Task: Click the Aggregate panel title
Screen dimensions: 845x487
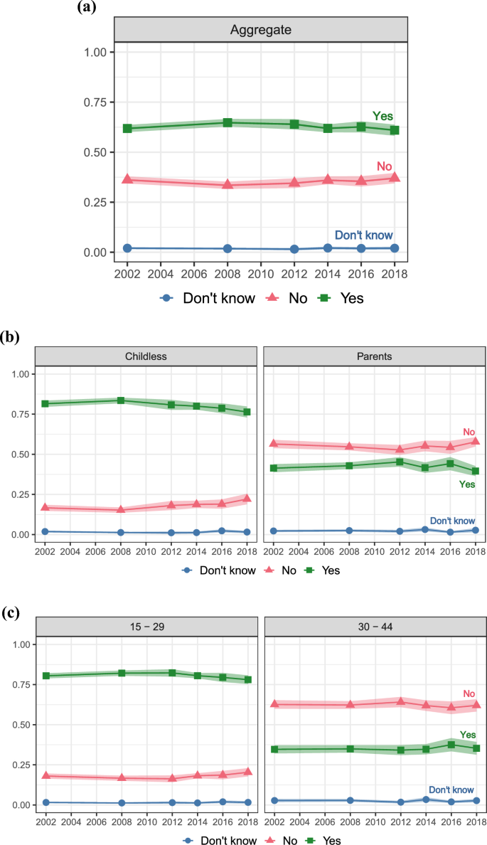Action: [261, 30]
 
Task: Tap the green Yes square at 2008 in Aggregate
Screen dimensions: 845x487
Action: [228, 122]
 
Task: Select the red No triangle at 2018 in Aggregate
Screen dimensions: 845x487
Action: [395, 177]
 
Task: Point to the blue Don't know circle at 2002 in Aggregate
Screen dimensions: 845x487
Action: [127, 248]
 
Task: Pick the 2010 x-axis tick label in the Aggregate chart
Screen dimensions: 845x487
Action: [261, 274]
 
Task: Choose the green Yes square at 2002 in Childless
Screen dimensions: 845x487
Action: [45, 403]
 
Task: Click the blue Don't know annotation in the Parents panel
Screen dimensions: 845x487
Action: [452, 521]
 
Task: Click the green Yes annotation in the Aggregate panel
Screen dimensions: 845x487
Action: [382, 116]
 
